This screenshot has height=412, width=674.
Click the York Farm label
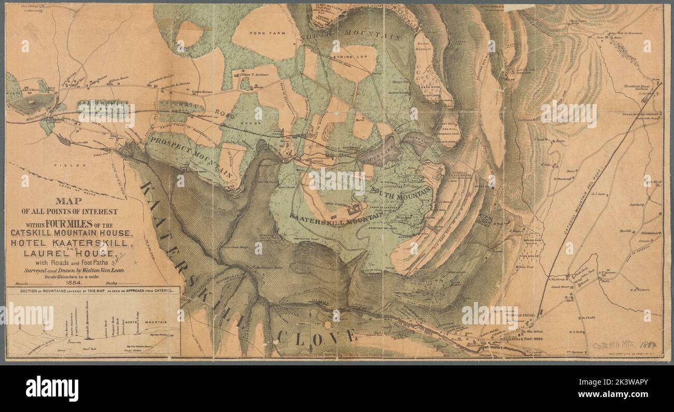pos(264,33)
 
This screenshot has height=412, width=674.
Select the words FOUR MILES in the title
pos(59,224)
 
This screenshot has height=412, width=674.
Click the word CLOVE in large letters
pos(317,337)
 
